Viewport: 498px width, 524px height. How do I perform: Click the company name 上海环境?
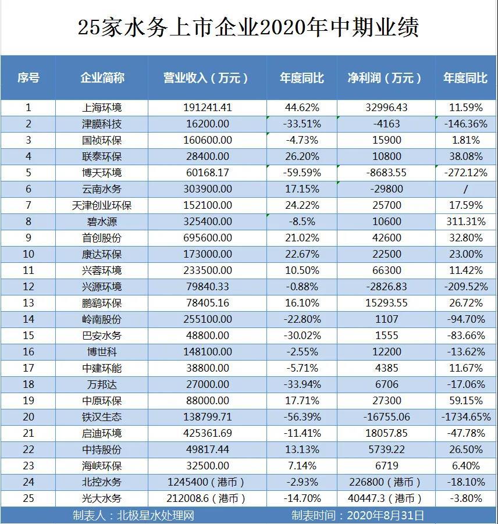click(102, 108)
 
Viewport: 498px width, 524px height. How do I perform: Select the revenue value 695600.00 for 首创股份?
click(206, 238)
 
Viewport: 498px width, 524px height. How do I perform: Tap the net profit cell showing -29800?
click(386, 189)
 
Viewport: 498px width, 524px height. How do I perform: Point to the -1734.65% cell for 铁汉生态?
click(465, 417)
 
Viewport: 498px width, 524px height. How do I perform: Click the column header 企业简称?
click(102, 78)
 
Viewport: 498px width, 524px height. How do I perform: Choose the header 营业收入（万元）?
click(206, 78)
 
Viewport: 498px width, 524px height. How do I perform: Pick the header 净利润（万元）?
click(386, 78)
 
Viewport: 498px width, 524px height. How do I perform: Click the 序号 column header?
click(28, 78)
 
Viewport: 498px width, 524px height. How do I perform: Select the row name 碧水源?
click(102, 222)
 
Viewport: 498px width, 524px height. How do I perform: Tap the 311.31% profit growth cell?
click(465, 222)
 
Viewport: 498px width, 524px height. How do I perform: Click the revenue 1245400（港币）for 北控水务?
click(206, 482)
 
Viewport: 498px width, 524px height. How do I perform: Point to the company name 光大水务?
click(102, 498)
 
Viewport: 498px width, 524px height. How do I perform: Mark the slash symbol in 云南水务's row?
click(465, 189)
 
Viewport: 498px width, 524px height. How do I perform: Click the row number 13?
click(28, 303)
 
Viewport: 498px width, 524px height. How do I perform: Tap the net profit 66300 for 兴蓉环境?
click(386, 270)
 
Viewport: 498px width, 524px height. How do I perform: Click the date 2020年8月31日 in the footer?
click(385, 515)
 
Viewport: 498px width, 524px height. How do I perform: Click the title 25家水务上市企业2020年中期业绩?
click(248, 28)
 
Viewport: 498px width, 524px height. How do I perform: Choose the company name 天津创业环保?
click(102, 205)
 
